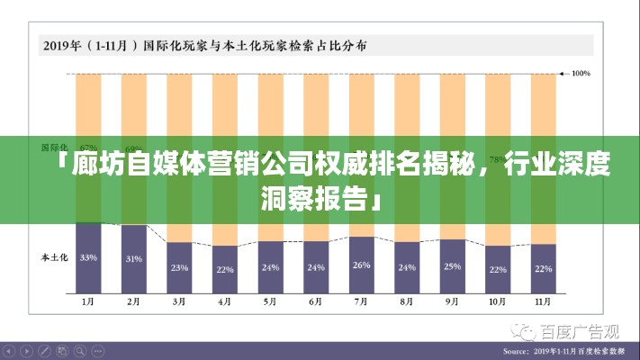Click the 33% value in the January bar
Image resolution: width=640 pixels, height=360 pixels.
coord(88,257)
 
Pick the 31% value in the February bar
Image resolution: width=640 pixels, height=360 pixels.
coord(133,259)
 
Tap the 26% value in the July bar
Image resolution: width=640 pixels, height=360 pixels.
coord(362,265)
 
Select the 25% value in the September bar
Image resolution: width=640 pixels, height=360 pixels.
coord(453,266)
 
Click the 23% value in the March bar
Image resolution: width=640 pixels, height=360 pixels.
coord(179,267)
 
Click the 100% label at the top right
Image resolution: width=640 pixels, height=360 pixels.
coord(581,73)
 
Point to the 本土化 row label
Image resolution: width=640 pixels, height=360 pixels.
coord(54,257)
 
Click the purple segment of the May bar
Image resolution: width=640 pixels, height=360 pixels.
coord(270,267)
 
